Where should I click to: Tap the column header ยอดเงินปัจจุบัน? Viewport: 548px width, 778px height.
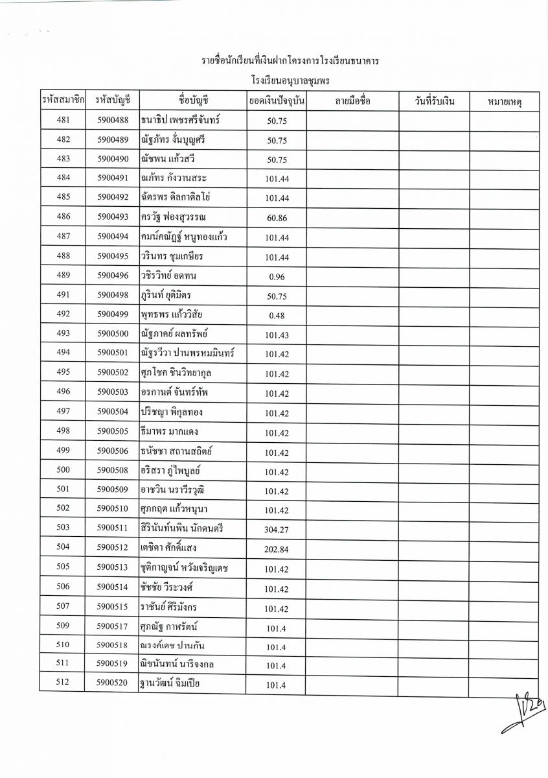tap(277, 101)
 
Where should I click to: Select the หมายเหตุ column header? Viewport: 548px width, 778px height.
tap(505, 102)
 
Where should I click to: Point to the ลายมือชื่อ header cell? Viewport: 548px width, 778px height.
tap(352, 101)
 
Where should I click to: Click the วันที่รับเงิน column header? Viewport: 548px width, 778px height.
tap(434, 101)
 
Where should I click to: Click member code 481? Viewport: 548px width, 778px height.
tap(63, 119)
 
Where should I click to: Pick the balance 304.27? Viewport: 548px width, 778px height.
tap(277, 530)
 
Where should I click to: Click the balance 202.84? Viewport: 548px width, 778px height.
tap(277, 549)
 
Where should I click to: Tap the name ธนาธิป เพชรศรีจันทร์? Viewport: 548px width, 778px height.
tap(184, 119)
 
